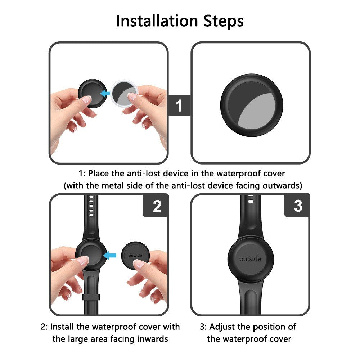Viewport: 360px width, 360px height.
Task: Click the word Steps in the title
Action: pyautogui.click(x=223, y=21)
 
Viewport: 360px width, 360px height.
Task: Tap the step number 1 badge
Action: pyautogui.click(x=179, y=105)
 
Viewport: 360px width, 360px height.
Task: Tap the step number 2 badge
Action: pyautogui.click(x=157, y=206)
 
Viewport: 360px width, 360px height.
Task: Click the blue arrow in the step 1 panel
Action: pyautogui.click(x=105, y=94)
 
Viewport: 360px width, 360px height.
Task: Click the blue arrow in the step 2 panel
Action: pyautogui.click(x=110, y=255)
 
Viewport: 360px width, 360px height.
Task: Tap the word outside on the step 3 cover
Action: pyautogui.click(x=250, y=259)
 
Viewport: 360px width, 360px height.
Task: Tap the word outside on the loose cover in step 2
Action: pyautogui.click(x=135, y=255)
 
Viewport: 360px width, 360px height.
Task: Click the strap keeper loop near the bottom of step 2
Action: pyautogui.click(x=91, y=297)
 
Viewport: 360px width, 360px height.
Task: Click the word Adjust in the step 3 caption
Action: pyautogui.click(x=222, y=327)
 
